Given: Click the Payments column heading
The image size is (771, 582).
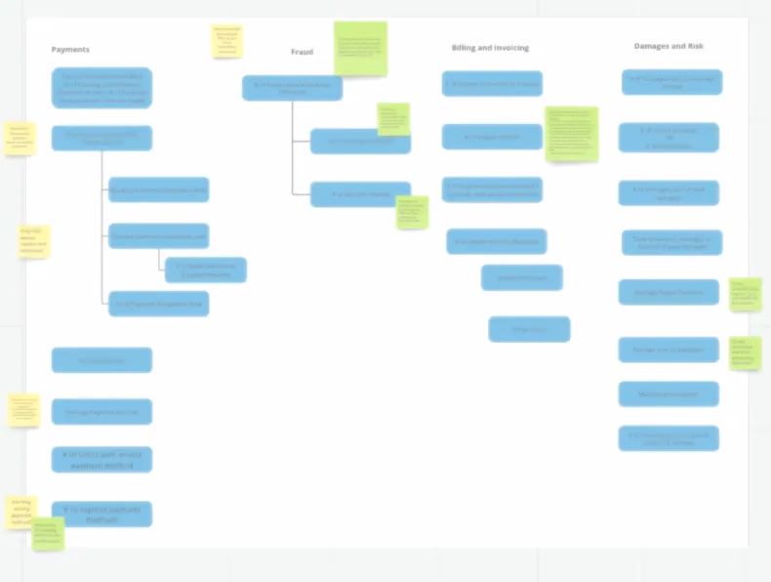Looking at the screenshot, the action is [70, 50].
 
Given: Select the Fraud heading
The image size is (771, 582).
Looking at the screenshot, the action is [302, 52].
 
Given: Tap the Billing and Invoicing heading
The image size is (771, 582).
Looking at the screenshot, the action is [490, 48].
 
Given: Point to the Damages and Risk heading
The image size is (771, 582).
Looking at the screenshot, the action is [669, 46].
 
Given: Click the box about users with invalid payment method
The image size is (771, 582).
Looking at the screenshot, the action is [101, 459].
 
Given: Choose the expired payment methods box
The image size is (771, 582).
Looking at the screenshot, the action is [101, 514].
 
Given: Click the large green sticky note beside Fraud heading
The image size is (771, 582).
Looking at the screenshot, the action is [360, 49].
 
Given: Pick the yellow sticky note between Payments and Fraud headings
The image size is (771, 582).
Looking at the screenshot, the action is [226, 41].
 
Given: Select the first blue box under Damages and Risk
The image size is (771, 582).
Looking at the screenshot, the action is [671, 82].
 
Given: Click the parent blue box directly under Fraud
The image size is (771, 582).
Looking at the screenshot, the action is [292, 88].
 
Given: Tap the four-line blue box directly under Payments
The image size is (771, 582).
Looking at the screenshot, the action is [101, 88].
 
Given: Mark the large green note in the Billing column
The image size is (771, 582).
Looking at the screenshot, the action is [571, 134].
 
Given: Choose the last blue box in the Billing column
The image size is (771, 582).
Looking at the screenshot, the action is [529, 329].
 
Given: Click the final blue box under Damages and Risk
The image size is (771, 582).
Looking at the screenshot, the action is [669, 438].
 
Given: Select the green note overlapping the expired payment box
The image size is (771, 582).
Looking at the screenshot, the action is [48, 533].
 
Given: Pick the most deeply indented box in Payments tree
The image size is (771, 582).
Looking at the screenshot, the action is [205, 270].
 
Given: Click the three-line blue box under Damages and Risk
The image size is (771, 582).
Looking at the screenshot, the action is [669, 138].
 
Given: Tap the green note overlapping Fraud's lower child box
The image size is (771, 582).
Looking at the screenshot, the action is [412, 212].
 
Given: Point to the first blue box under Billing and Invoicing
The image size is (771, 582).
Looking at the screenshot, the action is [492, 84].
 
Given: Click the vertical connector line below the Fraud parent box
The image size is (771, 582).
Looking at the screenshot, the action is [292, 146].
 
